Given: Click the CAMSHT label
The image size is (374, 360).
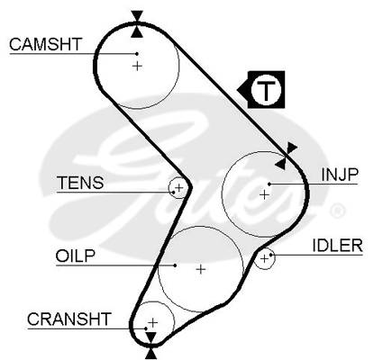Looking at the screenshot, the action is [45, 44].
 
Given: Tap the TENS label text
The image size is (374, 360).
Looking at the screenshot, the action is [80, 183].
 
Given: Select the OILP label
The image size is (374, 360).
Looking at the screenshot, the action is [75, 256].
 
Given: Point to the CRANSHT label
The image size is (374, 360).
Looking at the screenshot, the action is [69, 319].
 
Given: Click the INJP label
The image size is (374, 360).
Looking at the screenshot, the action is [340, 175].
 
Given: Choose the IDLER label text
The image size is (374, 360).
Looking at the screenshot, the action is [338, 246].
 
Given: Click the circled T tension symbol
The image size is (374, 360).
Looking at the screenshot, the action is [262, 90].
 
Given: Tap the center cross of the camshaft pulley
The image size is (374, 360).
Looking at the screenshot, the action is [137, 66].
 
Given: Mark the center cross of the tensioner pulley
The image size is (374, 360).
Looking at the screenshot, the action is [178, 188].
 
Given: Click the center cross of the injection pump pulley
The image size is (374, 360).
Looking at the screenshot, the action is [264, 195].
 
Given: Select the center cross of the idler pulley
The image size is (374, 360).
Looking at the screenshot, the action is [264, 258].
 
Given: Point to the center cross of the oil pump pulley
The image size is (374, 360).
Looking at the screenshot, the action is [201, 269].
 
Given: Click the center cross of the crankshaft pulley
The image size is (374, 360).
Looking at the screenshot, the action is [153, 323].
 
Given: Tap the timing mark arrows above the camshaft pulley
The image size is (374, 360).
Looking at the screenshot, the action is [137, 24].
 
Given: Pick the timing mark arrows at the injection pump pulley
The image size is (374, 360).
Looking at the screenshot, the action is [286, 156].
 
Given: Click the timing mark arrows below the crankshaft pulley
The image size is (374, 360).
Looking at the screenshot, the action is [151, 346].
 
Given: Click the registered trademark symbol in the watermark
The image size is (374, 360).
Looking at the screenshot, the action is [337, 211].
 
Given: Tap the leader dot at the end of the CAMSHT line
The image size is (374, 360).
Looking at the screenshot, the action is [137, 54].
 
